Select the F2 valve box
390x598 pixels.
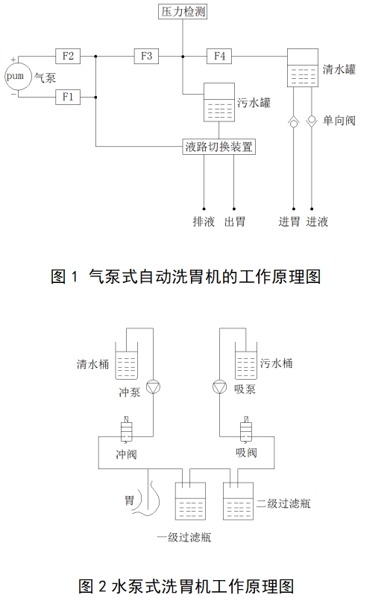click(69, 56)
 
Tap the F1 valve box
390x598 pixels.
click(69, 98)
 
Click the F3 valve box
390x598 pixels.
click(146, 56)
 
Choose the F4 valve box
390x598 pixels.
click(219, 56)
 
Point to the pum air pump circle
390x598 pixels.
click(15, 77)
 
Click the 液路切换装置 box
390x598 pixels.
click(219, 147)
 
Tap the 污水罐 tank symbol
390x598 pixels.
click(218, 104)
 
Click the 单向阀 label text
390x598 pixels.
click(339, 120)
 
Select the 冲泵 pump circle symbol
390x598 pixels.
click(153, 386)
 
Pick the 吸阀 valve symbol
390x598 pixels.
click(245, 431)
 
